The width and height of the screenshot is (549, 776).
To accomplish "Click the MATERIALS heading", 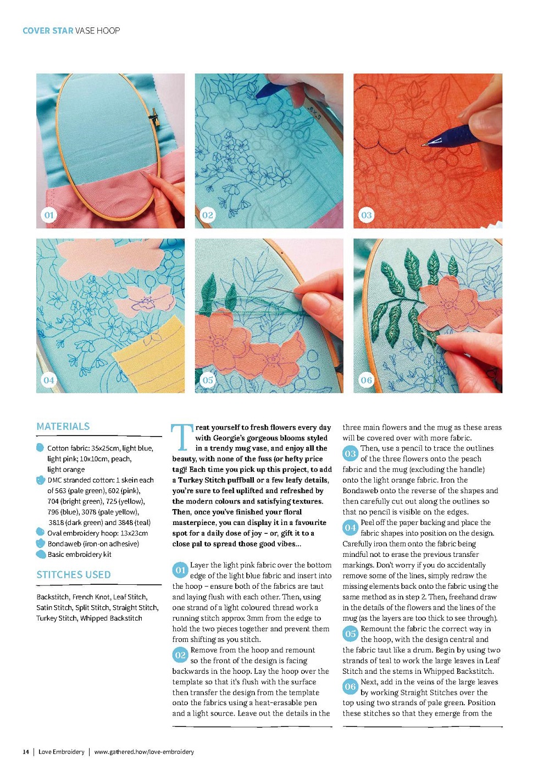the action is click(x=63, y=426).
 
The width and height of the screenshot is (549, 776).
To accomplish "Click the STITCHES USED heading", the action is click(x=74, y=575).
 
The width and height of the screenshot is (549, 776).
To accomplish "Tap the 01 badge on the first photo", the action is click(x=49, y=215).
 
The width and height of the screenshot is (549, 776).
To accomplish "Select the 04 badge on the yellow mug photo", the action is click(x=49, y=380).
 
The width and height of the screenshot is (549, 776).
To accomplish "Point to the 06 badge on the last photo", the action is click(x=367, y=380).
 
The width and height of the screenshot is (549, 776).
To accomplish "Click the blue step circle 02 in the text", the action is click(x=180, y=655).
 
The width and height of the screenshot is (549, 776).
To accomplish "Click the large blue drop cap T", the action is click(x=181, y=437).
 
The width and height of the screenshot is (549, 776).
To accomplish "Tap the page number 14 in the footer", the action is click(x=26, y=752).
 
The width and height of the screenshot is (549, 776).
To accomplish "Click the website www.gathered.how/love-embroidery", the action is click(x=144, y=752).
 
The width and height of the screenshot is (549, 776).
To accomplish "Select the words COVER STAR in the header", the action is click(x=48, y=31).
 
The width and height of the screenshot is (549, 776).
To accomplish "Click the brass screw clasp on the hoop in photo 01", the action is click(x=154, y=117).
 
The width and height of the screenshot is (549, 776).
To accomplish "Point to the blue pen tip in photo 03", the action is click(x=424, y=145).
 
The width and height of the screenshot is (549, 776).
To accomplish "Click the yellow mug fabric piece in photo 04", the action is click(x=150, y=357).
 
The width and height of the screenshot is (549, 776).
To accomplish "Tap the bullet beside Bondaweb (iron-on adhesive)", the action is click(x=41, y=543).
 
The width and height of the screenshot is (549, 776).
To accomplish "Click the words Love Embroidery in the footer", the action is click(x=62, y=752).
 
